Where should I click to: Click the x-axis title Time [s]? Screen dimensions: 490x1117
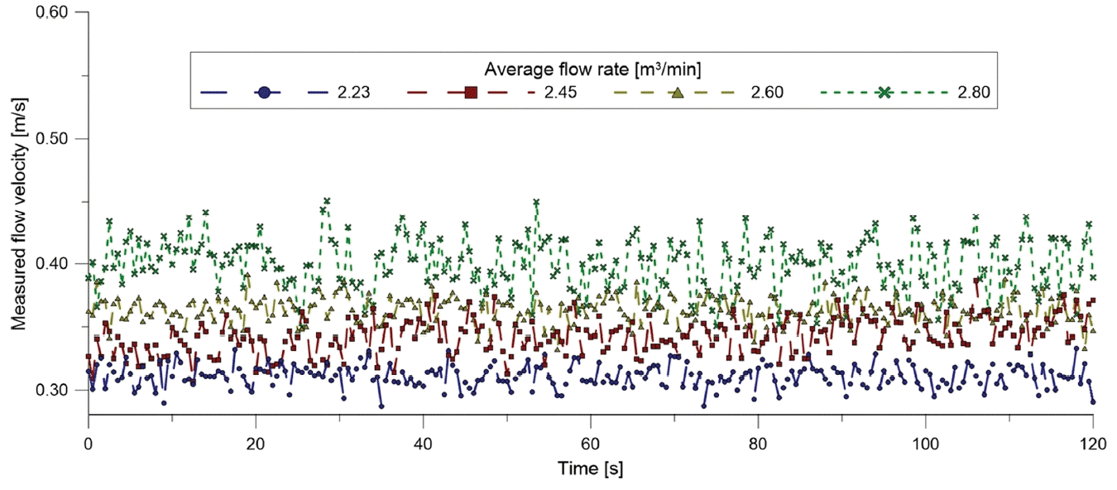[x=590, y=468]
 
